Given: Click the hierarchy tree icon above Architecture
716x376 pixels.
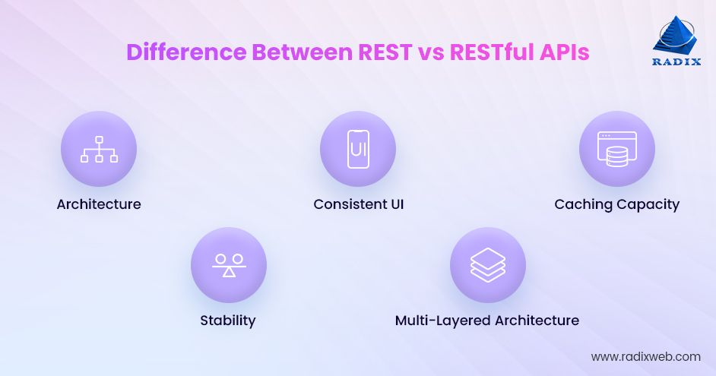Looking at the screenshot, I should pyautogui.click(x=99, y=149).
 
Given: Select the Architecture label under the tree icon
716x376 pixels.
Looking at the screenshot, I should pyautogui.click(x=99, y=204).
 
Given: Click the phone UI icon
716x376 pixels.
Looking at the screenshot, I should pyautogui.click(x=358, y=149).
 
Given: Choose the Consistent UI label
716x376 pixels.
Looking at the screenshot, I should pyautogui.click(x=358, y=204).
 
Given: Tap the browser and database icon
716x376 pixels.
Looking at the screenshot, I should pyautogui.click(x=616, y=149).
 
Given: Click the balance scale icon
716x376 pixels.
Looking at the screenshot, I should pyautogui.click(x=228, y=265).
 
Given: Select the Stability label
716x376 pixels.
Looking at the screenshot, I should pyautogui.click(x=228, y=321).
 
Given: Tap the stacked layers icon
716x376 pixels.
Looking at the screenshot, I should pyautogui.click(x=487, y=265).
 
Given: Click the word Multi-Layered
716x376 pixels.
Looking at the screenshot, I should pyautogui.click(x=442, y=321).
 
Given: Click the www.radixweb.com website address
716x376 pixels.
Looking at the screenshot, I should pyautogui.click(x=645, y=356).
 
